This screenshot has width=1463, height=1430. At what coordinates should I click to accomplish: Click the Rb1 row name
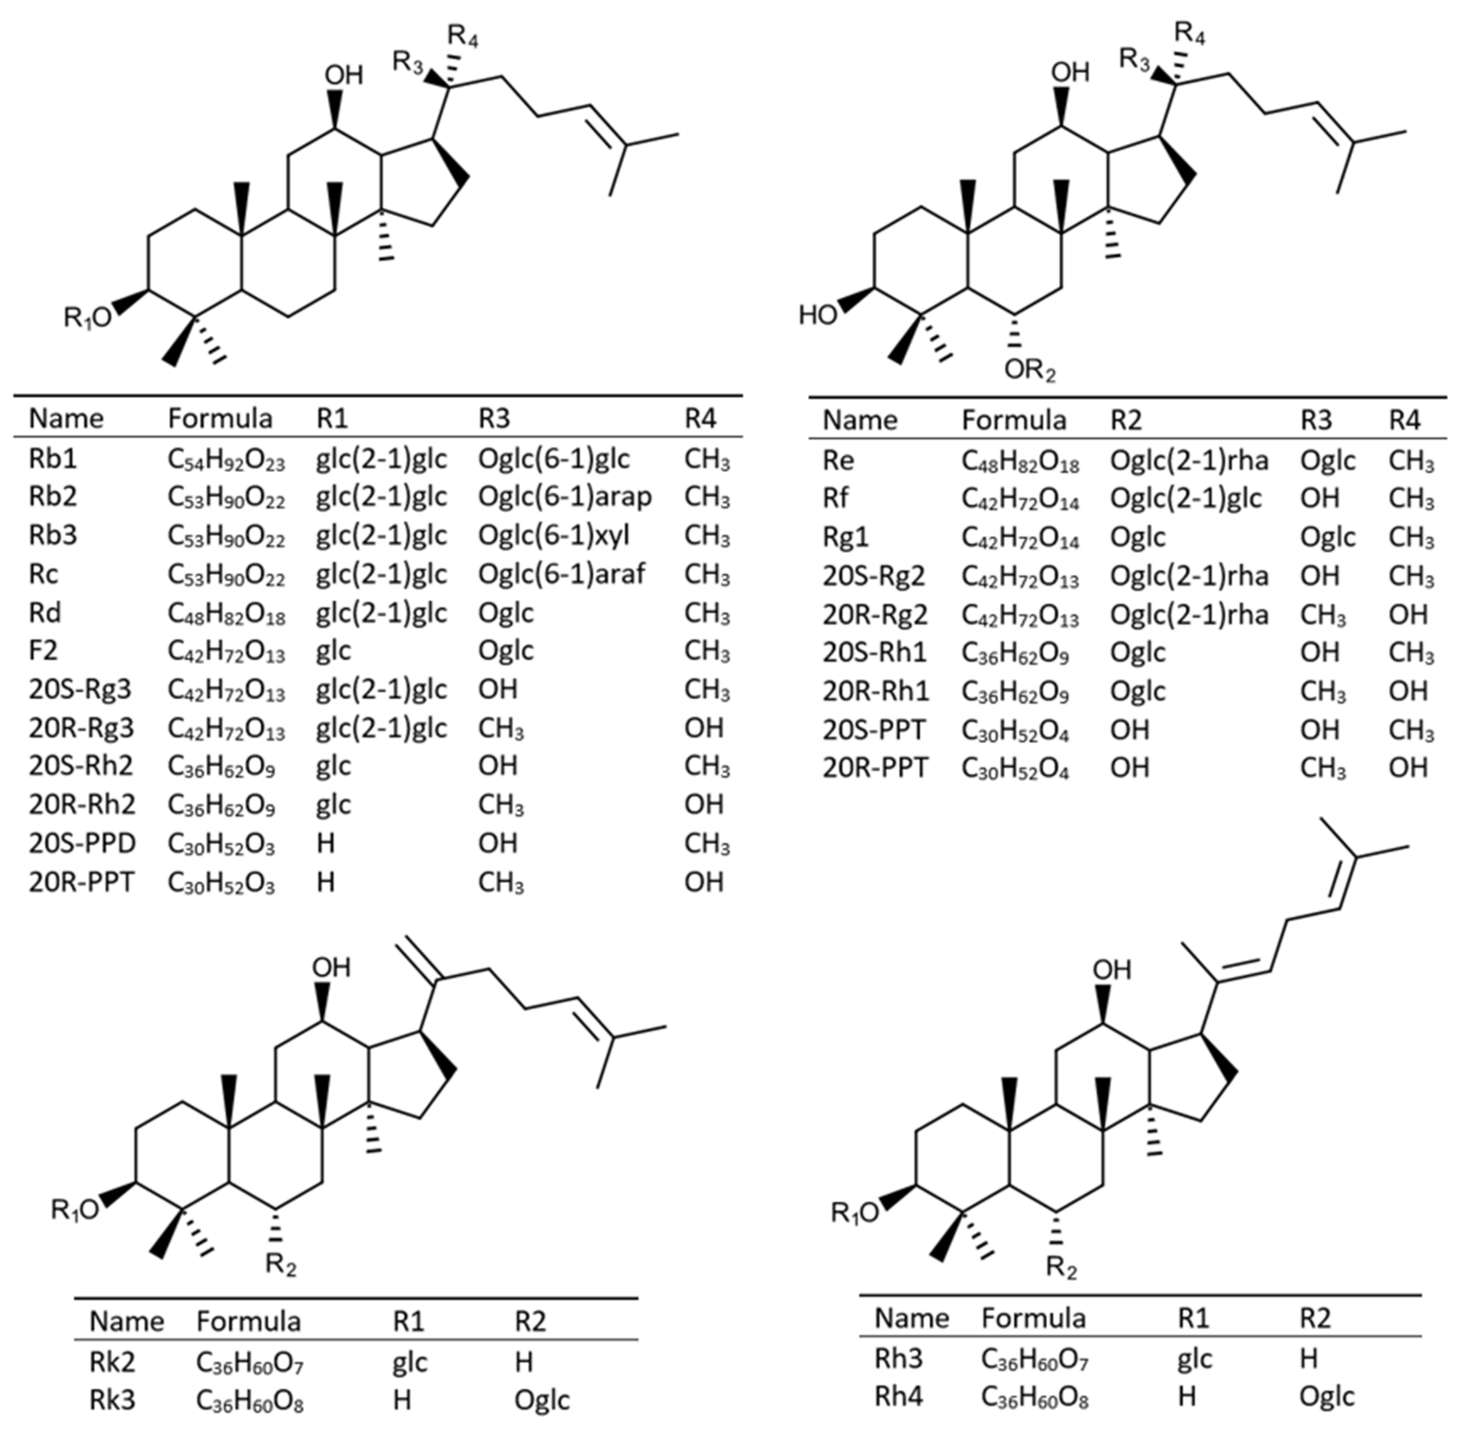click(53, 459)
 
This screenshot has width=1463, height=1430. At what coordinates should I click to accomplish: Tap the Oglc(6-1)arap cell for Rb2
click(565, 497)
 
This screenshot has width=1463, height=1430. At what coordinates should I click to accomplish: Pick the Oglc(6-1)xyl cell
click(554, 535)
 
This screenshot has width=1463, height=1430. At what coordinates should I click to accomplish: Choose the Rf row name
click(835, 498)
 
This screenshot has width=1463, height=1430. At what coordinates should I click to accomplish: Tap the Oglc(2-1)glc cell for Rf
click(1186, 498)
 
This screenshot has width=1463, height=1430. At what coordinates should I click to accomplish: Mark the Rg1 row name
click(847, 537)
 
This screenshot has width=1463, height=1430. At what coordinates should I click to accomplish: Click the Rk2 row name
click(112, 1362)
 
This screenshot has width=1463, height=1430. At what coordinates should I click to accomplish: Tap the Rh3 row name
click(898, 1358)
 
